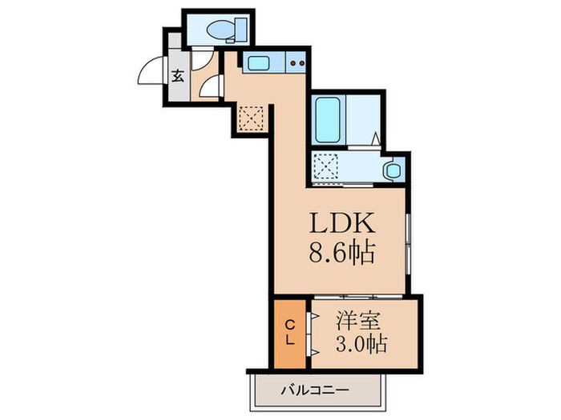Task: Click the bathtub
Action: pyautogui.click(x=329, y=119)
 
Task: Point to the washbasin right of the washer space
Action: pyautogui.click(x=392, y=170)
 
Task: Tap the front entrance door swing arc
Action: pyautogui.click(x=151, y=74)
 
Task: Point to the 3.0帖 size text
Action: pyautogui.click(x=357, y=344)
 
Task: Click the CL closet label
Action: pyautogui.click(x=292, y=331)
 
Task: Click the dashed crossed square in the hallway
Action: pyautogui.click(x=252, y=118)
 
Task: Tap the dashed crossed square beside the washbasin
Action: pyautogui.click(x=327, y=166)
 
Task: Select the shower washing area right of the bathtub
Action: pyautogui.click(x=365, y=119)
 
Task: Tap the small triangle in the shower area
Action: pyautogui.click(x=375, y=138)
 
